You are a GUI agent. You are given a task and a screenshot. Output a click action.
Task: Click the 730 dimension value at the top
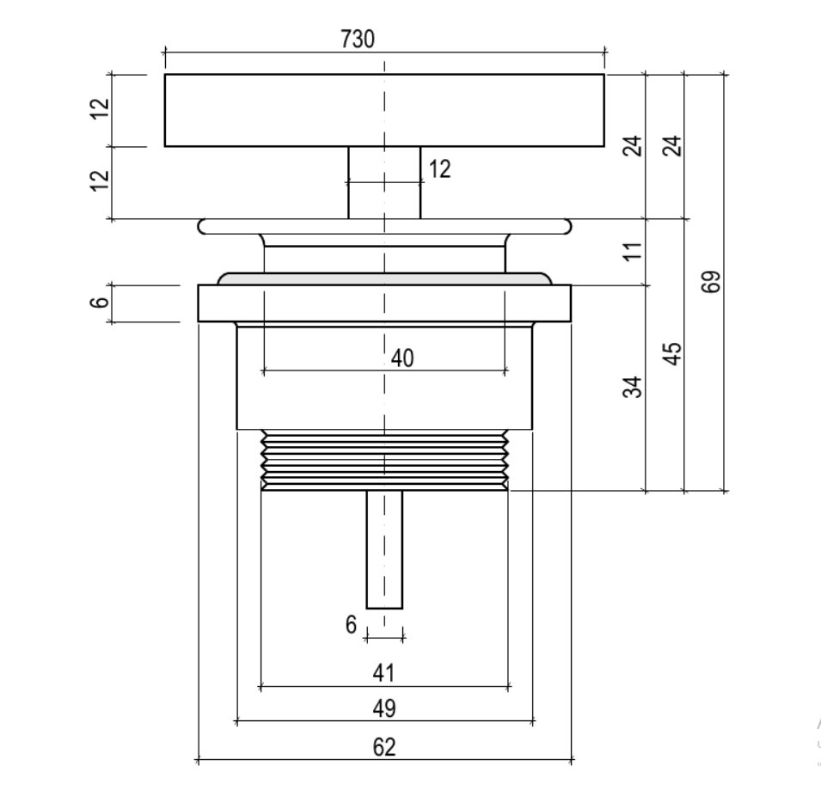point(358,40)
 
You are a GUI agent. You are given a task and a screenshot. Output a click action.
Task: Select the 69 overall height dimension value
point(710,282)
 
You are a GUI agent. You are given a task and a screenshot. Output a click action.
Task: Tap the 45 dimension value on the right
point(671,353)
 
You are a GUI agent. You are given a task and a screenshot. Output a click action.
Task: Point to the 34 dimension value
point(633,387)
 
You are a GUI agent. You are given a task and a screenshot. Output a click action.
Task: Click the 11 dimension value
point(633,251)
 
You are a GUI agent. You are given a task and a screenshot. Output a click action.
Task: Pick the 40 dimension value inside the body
point(402,358)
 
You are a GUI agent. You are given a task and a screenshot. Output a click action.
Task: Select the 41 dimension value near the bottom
point(383,673)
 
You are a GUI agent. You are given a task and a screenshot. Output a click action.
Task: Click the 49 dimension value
point(383,708)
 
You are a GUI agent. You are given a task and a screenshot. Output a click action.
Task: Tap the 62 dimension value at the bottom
point(383,747)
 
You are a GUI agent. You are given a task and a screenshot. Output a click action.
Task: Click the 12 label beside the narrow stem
point(439,169)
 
